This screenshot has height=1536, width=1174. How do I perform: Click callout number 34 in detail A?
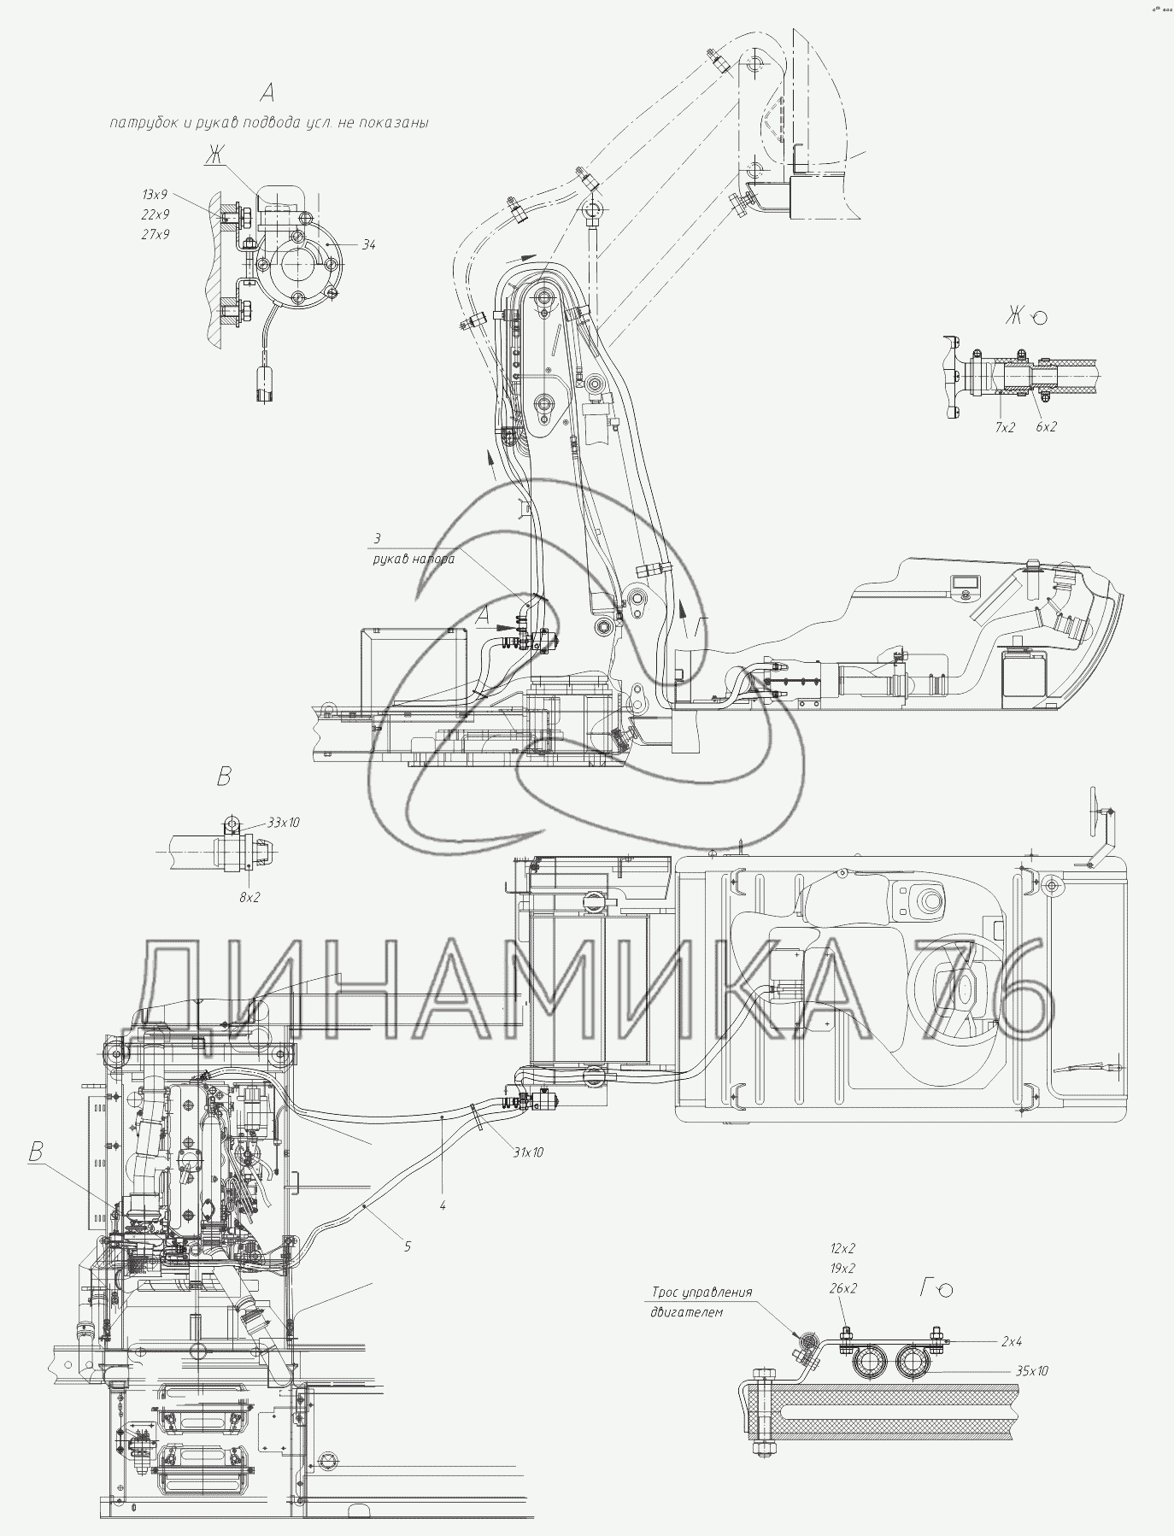pos(368,245)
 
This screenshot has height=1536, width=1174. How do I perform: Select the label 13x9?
pos(155,195)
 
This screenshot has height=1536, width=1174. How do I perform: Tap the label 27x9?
pos(156,233)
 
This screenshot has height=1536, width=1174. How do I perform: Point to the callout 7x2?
pos(1004,427)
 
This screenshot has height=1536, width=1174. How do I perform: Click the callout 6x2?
pos(1046,426)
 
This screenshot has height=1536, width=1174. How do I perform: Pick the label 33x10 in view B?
pos(284,823)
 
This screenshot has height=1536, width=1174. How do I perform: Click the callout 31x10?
pos(527,1152)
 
